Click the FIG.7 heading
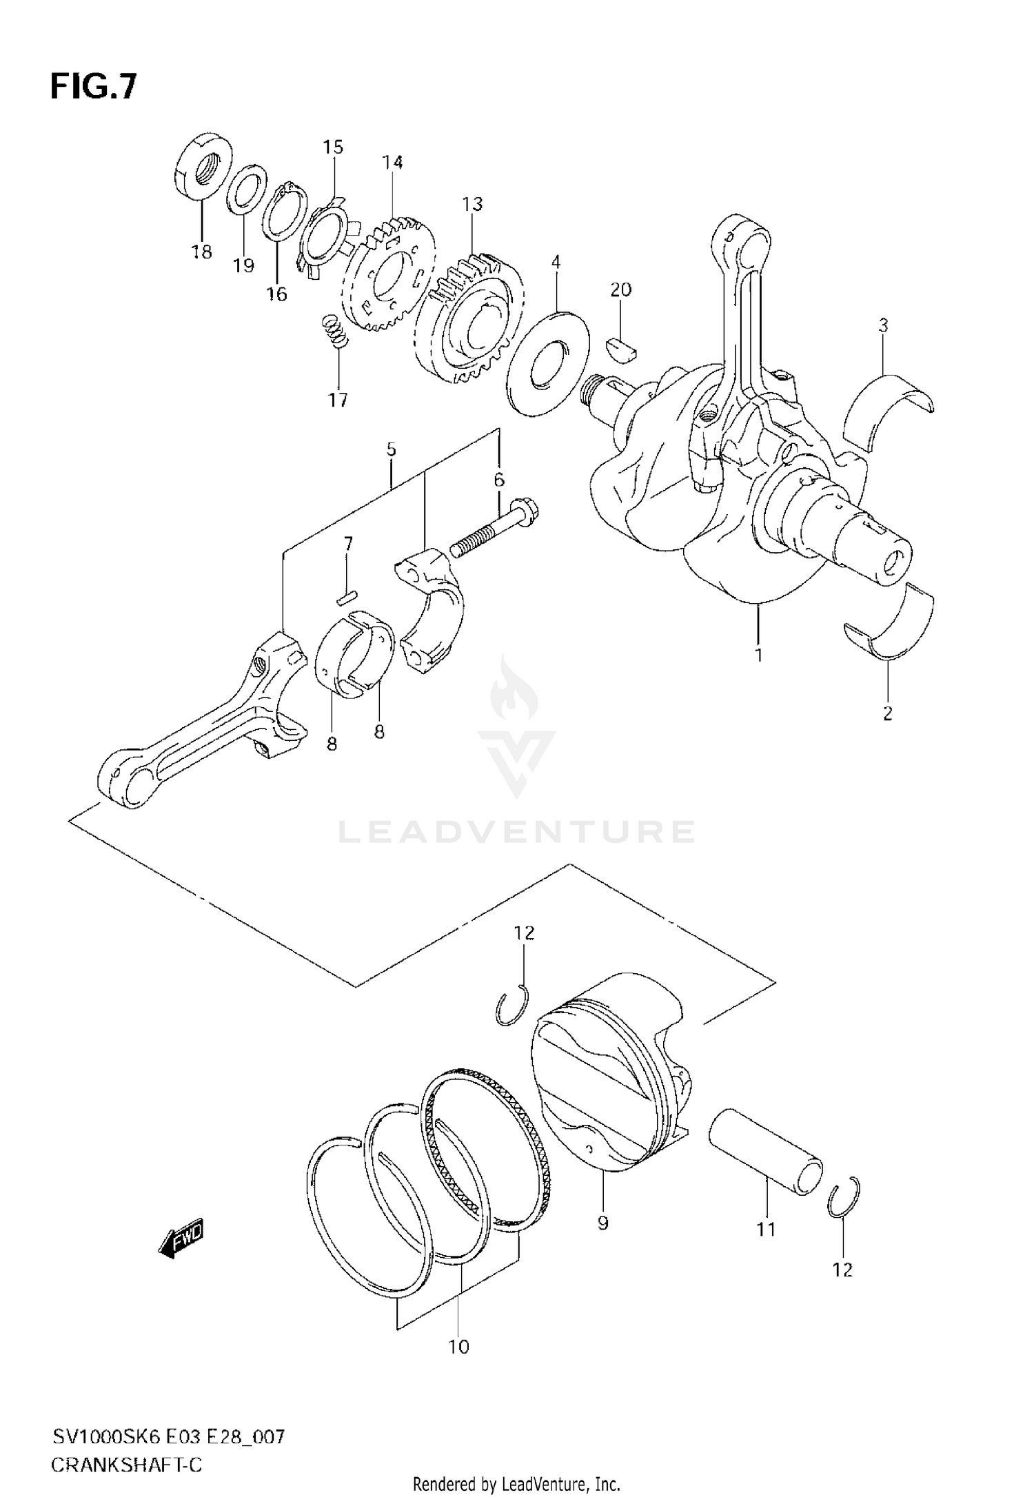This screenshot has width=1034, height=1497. [x=93, y=88]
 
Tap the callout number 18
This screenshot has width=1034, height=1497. [x=201, y=252]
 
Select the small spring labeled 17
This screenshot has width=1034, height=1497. [x=335, y=332]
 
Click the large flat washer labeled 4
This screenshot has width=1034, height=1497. [x=549, y=363]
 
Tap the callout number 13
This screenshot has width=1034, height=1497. [x=472, y=205]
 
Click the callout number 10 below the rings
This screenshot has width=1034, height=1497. [x=458, y=1346]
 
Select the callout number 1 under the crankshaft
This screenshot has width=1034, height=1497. [x=758, y=655]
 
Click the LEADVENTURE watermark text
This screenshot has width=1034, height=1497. [x=516, y=831]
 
